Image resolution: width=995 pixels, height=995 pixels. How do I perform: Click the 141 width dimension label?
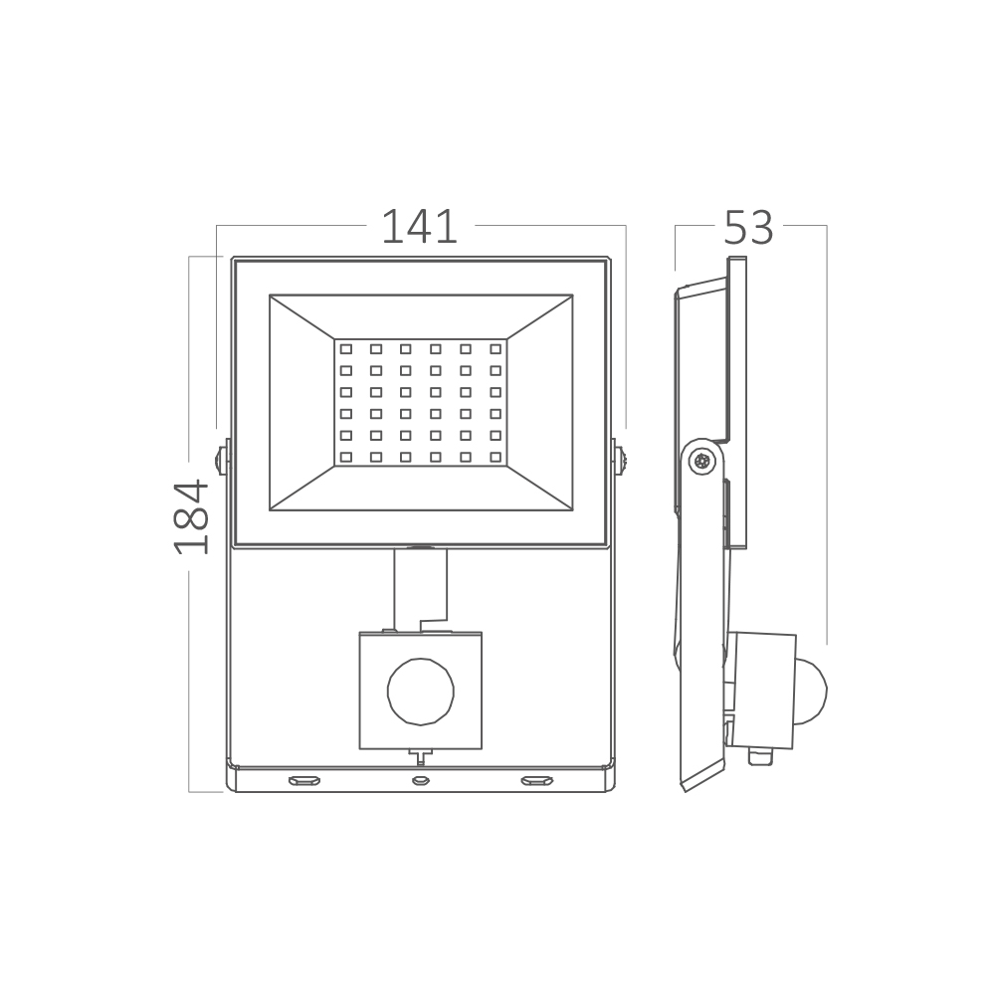click(x=420, y=227)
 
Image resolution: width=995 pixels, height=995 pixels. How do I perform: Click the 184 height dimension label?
click(x=192, y=517)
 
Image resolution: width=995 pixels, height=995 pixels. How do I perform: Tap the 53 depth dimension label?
click(x=749, y=227)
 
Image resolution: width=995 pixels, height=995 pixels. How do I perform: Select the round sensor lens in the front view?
click(x=421, y=692)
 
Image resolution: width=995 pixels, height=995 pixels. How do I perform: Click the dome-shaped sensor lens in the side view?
click(x=812, y=693)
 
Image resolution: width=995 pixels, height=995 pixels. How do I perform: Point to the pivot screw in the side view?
click(x=702, y=462)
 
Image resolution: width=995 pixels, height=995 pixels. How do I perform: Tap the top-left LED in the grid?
click(x=346, y=349)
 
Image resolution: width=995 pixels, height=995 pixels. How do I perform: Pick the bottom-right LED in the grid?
click(x=496, y=457)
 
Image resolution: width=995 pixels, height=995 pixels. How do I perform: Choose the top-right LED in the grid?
click(x=496, y=349)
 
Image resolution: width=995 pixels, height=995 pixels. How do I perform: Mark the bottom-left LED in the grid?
click(x=346, y=457)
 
